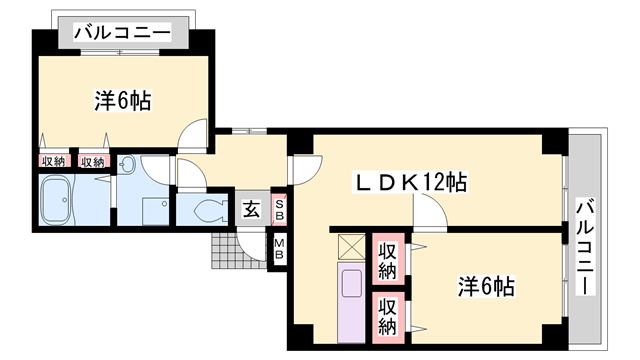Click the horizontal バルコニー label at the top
(x=125, y=32)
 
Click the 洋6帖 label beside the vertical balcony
(x=487, y=287)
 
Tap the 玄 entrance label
(x=251, y=210)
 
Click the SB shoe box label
(x=280, y=208)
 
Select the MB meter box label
(x=280, y=248)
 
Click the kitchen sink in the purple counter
(x=353, y=284)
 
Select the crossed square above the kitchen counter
(x=352, y=247)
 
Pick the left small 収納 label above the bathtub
(x=53, y=162)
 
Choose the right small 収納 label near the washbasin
(x=92, y=162)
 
